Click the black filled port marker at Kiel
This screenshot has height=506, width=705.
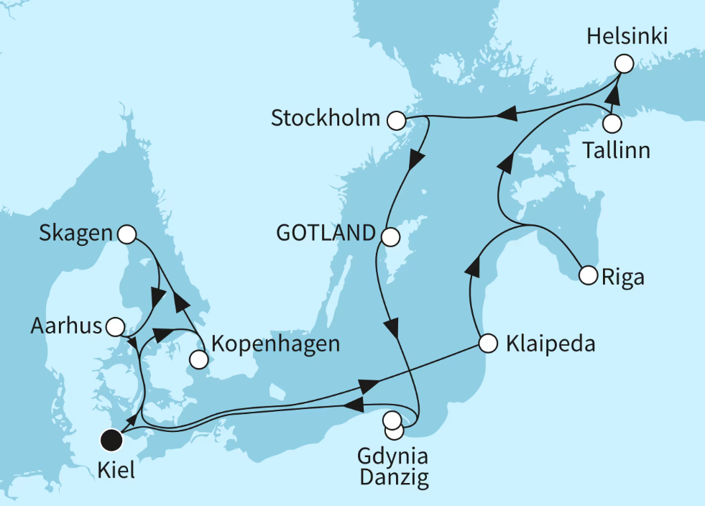click(x=111, y=438)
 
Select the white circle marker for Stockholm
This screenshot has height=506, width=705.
click(x=396, y=119)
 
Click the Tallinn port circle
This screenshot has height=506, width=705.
click(x=612, y=124)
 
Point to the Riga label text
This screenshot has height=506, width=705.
click(x=623, y=277)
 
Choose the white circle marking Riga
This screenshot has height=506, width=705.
click(x=588, y=274)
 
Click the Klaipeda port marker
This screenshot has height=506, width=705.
click(x=488, y=344)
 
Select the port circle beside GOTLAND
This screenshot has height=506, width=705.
click(x=390, y=236)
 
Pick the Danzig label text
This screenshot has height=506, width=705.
click(x=393, y=479)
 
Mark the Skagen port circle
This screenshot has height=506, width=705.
click(x=126, y=234)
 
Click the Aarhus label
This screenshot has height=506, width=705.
click(x=66, y=327)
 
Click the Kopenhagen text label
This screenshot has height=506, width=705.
click(x=275, y=344)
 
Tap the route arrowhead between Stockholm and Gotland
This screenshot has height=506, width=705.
click(x=415, y=160)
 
